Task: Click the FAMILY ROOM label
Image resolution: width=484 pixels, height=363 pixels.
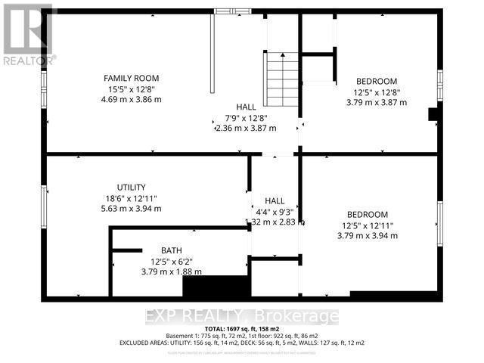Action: pos(131,78)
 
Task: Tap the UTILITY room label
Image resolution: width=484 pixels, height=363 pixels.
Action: pos(131,187)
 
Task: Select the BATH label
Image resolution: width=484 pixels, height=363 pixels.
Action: pos(171,250)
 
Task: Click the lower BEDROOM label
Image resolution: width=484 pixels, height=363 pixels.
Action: pos(367,214)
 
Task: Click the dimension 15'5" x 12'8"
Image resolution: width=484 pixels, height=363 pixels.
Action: pos(131,88)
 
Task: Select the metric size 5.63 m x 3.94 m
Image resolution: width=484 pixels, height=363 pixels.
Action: pos(131,208)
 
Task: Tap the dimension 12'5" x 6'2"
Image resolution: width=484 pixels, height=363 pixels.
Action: pos(171,261)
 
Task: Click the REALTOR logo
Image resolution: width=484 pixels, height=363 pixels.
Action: pos(28,33)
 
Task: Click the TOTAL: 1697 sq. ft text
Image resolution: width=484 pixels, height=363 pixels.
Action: pos(241,329)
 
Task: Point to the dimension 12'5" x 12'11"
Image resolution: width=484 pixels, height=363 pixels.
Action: pos(367,225)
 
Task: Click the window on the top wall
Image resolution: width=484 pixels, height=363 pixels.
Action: pos(234,11)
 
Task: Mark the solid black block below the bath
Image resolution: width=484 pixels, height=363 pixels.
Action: pos(216,288)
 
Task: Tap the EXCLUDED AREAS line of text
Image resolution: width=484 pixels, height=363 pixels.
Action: pos(241,343)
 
